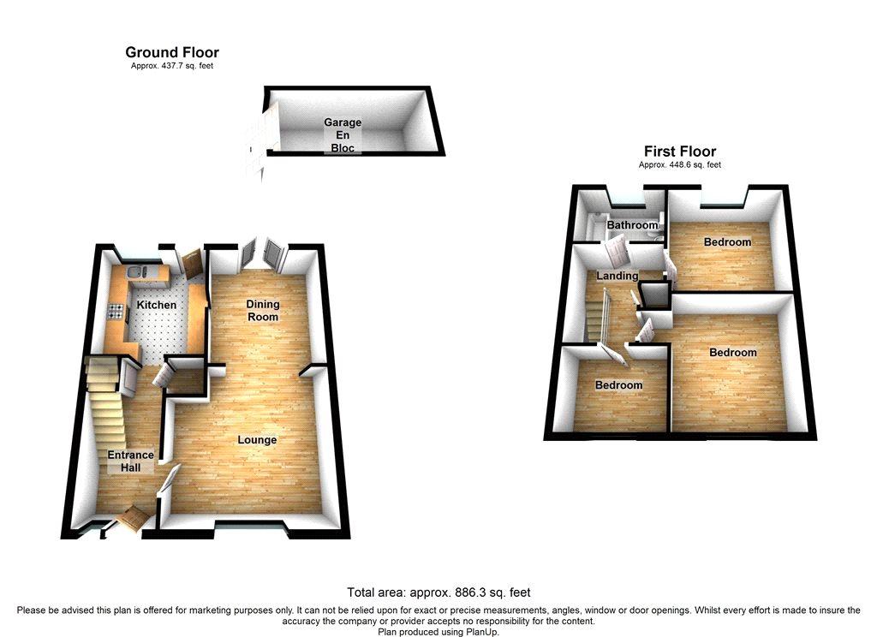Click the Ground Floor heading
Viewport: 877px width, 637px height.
click(171, 52)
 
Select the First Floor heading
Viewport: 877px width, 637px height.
click(679, 152)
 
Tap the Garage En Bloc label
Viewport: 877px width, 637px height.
click(343, 134)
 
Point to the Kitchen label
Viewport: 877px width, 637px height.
click(157, 305)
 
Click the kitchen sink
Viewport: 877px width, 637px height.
click(137, 272)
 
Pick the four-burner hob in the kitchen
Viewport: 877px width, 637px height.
click(116, 311)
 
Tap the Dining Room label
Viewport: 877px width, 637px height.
click(263, 311)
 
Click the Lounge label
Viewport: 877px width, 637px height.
click(257, 440)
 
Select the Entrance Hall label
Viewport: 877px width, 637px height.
click(130, 461)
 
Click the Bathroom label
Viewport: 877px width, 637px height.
click(632, 225)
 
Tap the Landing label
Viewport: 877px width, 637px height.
click(617, 276)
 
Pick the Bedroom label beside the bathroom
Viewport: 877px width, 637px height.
click(727, 242)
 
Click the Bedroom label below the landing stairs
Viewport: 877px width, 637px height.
click(618, 385)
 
